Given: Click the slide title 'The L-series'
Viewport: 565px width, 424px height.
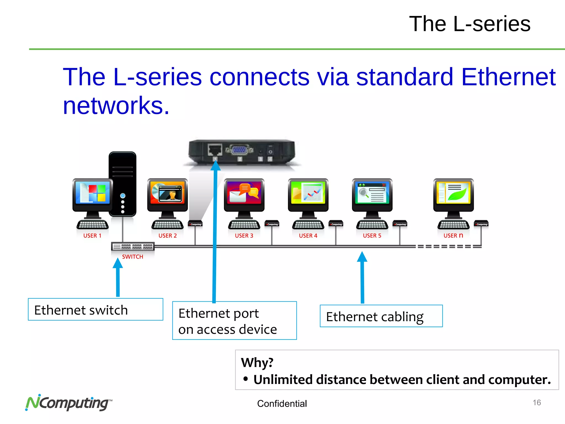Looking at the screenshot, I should (470, 24).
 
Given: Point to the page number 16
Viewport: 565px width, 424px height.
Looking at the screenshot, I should (537, 402).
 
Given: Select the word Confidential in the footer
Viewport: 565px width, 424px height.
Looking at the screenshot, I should (282, 404).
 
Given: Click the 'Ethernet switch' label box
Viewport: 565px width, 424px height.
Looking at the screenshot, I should (95, 309).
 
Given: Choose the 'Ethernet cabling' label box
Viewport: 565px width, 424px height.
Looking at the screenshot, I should (381, 316).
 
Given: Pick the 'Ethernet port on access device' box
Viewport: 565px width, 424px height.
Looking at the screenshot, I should (234, 321).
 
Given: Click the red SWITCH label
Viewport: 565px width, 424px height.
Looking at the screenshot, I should (132, 257).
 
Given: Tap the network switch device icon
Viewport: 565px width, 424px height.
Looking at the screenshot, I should (133, 246).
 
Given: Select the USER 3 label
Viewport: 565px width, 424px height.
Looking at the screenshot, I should (244, 236).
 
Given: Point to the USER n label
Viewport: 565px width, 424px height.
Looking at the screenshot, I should (453, 235).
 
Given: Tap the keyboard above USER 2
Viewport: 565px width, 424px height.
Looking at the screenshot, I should (167, 225).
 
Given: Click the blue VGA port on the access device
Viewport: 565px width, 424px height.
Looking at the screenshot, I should (239, 150).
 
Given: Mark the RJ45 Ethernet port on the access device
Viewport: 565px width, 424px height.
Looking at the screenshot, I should (215, 150).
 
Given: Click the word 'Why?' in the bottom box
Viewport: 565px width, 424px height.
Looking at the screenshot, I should (257, 362).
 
